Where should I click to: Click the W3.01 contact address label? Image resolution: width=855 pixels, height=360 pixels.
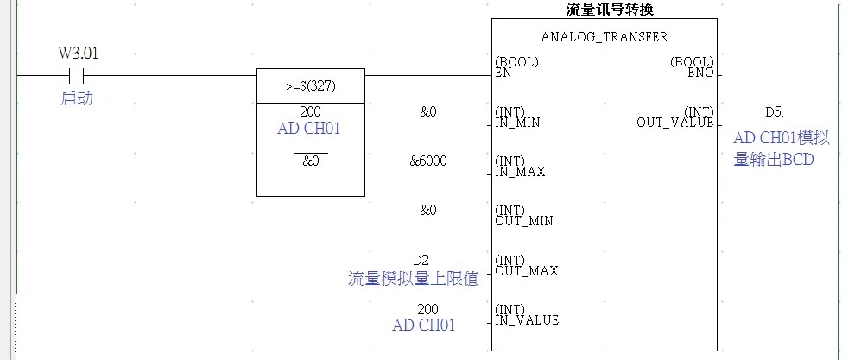(78, 53)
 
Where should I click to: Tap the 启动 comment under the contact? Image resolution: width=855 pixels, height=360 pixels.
(77, 99)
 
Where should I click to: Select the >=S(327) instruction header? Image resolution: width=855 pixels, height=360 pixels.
(311, 86)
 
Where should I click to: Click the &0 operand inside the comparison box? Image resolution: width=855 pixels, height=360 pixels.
(311, 161)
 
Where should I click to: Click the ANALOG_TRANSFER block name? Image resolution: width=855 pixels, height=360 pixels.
(605, 37)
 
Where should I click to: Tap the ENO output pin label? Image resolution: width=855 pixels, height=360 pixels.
(701, 73)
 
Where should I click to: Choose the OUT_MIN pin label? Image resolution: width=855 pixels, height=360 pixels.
(524, 221)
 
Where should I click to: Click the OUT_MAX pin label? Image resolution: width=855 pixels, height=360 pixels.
(527, 271)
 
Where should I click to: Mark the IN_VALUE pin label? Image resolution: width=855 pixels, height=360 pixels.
(527, 320)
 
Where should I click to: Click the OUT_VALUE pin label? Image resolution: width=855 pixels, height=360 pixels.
(675, 123)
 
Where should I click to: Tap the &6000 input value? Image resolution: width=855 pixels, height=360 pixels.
(428, 161)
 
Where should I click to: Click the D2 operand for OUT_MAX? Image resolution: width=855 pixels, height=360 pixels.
(421, 260)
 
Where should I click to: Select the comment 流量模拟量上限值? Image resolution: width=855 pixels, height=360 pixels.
(413, 279)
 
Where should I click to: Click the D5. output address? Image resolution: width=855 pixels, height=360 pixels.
(776, 112)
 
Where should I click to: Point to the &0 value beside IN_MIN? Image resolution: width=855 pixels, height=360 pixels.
(428, 112)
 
